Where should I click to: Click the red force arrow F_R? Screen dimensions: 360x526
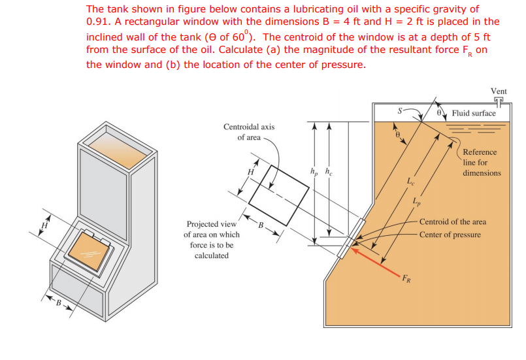tap(376, 259)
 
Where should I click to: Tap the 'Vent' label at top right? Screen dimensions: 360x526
tap(498, 91)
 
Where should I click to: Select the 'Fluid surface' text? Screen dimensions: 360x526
tap(474, 113)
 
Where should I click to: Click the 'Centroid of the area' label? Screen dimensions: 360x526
tap(452, 221)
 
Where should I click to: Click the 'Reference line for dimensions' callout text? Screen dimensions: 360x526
tap(480, 163)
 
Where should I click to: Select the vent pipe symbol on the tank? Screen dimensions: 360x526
tap(500, 102)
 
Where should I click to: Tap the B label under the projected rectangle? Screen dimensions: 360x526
tap(261, 226)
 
